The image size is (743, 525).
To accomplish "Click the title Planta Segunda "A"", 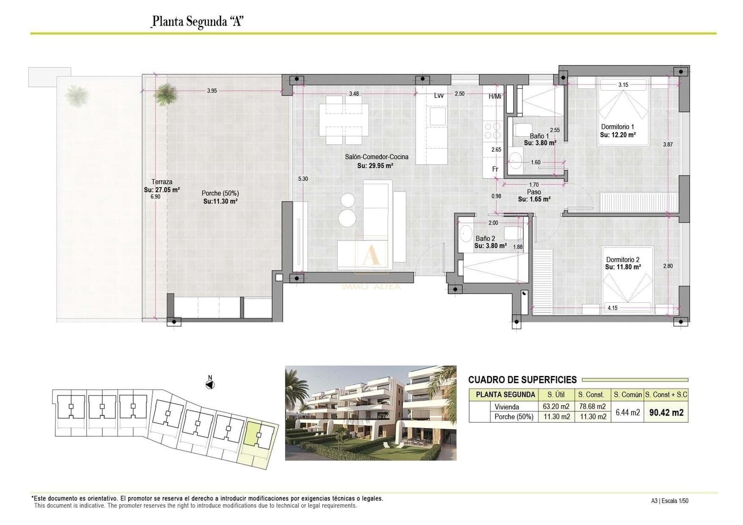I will coord(198,21).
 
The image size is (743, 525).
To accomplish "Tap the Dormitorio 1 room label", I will coord(617,127).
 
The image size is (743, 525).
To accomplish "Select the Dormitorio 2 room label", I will coord(623,260).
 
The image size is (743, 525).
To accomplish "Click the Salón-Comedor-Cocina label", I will coord(376,157).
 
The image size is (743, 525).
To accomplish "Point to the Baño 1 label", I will coord(539,136).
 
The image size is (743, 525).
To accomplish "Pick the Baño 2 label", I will coord(485,239).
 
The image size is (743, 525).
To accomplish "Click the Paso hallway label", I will coord(534,192).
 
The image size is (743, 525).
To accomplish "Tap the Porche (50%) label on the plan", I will coord(220,193).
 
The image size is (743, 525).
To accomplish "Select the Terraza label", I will coord(162,182).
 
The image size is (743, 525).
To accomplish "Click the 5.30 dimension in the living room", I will coord(303,179).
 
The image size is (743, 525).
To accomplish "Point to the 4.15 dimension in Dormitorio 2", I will coord(613,308).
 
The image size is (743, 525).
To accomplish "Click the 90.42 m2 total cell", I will coord(666,412).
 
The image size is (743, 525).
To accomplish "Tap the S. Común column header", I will coord(627,395).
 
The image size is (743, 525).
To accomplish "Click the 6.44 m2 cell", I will coord(627,412).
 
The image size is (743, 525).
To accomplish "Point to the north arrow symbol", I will coord(210,384).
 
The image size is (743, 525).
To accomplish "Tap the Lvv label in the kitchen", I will coord(438,96).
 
